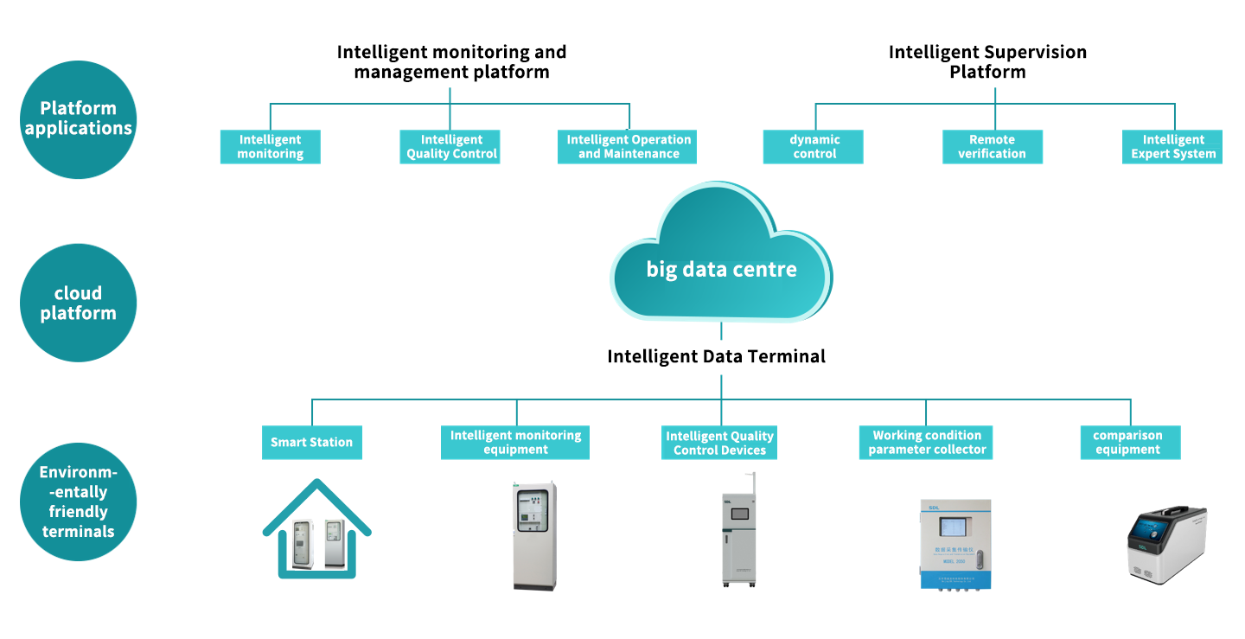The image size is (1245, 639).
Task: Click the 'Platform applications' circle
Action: coord(78,119)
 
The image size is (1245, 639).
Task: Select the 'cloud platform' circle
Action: coord(78,303)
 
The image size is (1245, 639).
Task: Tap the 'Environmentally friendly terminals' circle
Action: coord(78,502)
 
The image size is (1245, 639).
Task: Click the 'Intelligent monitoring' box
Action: coord(271,147)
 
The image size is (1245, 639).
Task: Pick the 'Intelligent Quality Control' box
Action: coord(450,147)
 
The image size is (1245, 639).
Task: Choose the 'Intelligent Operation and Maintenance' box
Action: coord(628,147)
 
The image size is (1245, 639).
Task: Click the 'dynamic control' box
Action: coord(814,147)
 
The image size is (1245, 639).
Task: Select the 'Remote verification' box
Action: coord(992,147)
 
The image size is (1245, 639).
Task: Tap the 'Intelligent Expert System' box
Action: coord(1172,147)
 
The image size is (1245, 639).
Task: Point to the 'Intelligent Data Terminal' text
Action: coord(716,356)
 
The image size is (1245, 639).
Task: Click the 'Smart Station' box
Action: coord(311,442)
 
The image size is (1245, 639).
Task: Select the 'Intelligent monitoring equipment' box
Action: coord(515,442)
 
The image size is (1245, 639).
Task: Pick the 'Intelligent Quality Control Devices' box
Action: coord(719,443)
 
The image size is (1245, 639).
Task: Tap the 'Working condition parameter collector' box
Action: coord(926,442)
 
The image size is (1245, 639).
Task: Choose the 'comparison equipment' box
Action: coord(1130,442)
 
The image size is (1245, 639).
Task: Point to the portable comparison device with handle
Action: coord(1167,546)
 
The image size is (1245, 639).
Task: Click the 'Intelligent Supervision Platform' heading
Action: coord(987,61)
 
